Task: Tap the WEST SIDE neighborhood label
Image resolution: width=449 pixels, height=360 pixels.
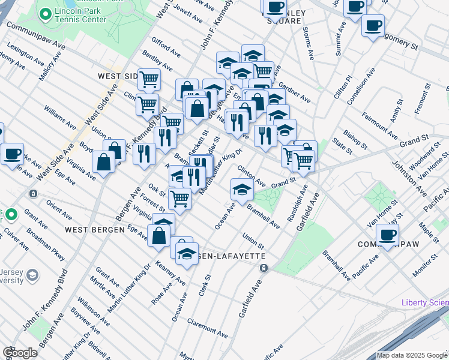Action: pyautogui.click(x=118, y=76)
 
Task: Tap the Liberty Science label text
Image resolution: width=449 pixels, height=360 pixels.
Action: pyautogui.click(x=425, y=302)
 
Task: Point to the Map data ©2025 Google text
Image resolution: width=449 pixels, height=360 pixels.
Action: pyautogui.click(x=412, y=355)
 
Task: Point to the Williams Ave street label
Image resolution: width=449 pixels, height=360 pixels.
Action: pyautogui.click(x=59, y=117)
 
